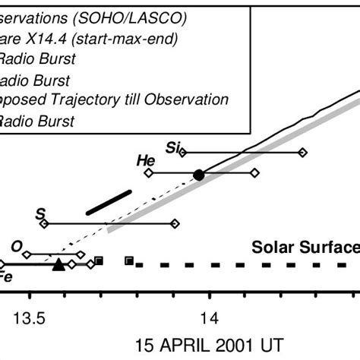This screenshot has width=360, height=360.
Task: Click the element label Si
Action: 172,146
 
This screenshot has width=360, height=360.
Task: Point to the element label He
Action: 145,160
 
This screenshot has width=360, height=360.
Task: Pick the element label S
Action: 40,214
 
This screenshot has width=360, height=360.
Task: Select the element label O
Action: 16,245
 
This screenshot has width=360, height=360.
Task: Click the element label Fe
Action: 5,277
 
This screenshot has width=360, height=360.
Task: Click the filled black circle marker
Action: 199,175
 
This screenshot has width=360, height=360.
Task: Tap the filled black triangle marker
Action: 58,264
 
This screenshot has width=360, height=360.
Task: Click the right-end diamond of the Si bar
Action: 302,153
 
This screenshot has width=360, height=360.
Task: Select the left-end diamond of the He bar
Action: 149,174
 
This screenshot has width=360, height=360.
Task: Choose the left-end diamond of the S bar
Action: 44,223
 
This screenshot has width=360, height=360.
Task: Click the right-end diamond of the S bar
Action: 175,223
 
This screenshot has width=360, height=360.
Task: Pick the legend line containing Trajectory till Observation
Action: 114,99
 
